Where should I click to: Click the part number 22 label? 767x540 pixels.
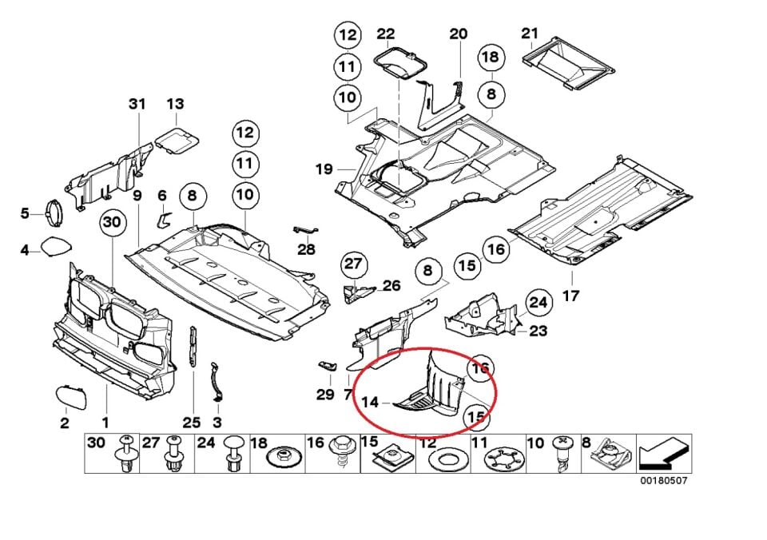coord(386,34)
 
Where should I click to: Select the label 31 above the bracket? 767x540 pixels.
coord(137,104)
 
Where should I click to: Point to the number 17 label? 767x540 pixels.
coord(570,296)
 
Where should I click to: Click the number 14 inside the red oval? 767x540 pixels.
coord(370,403)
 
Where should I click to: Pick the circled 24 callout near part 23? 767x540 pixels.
coord(538,303)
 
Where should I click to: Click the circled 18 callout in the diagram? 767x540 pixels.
coord(491,57)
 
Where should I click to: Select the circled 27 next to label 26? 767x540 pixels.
coord(353,264)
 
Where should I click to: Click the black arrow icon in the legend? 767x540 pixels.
coord(662,455)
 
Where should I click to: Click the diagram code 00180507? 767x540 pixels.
coord(662,481)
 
